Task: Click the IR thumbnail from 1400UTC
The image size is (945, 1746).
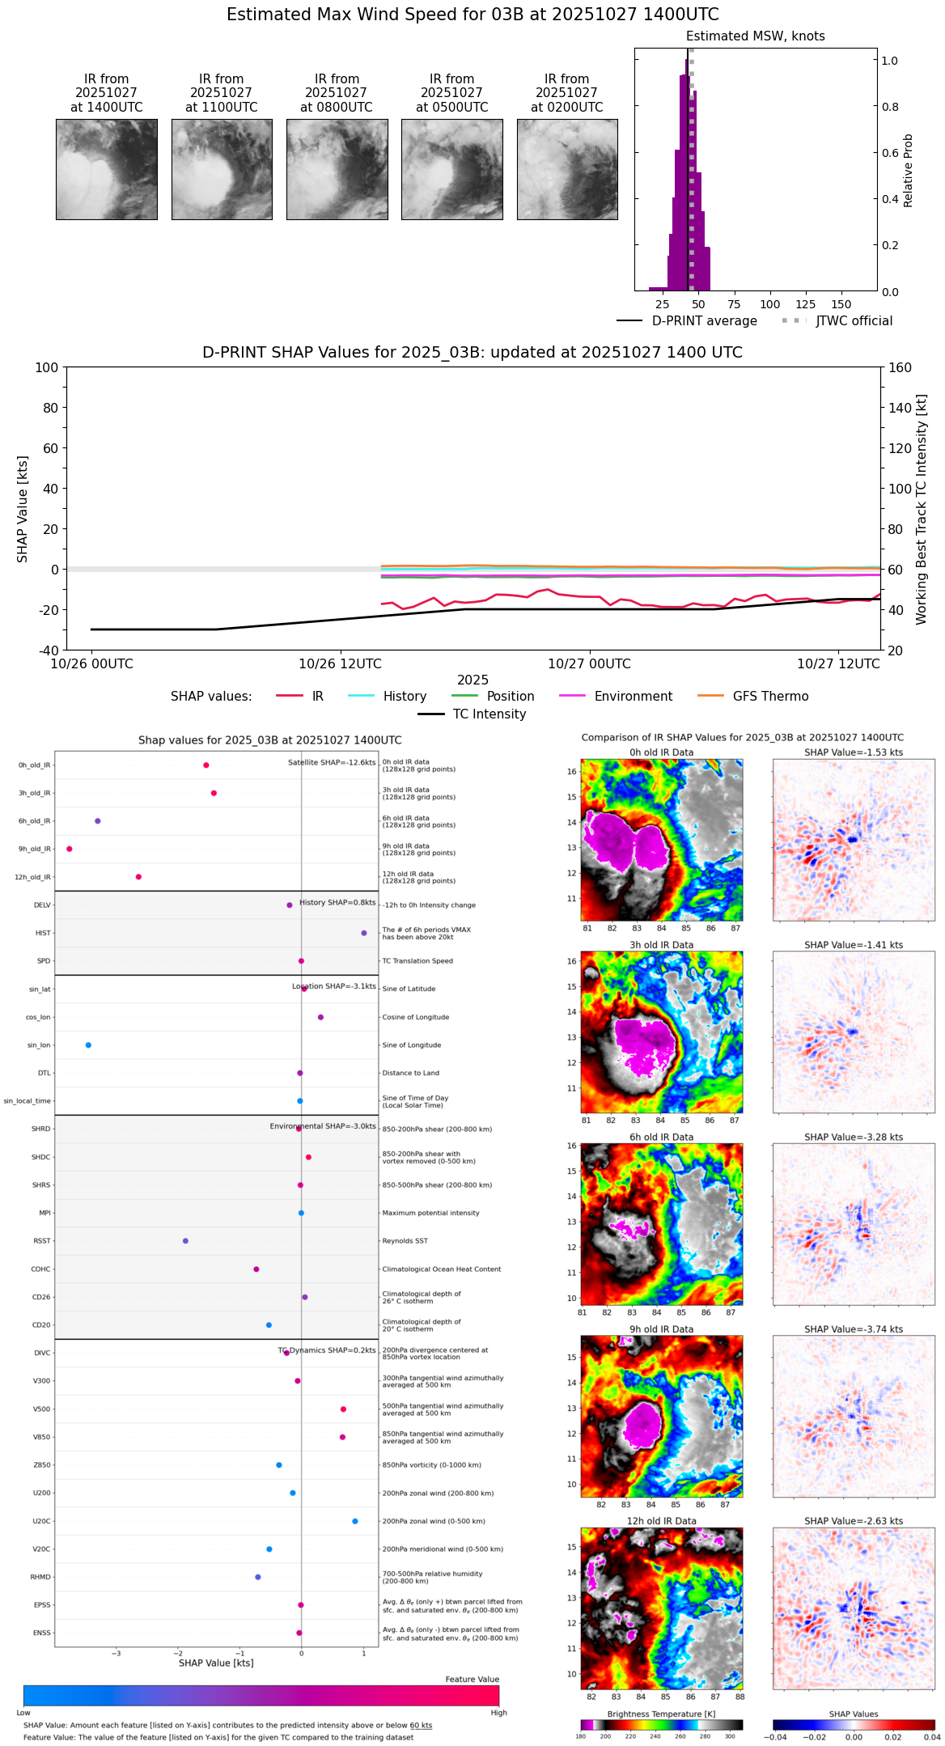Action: click(107, 169)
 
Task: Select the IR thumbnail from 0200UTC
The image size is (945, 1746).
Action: click(567, 169)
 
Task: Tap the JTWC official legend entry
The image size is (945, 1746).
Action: click(854, 321)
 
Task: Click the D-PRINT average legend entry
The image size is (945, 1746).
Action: click(704, 321)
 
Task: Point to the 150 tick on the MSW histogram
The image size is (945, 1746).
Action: click(841, 304)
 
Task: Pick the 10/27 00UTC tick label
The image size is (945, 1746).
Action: click(589, 664)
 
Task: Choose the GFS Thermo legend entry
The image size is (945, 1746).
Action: click(770, 697)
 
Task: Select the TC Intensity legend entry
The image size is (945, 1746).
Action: click(489, 714)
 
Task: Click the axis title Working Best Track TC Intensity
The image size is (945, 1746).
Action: click(922, 510)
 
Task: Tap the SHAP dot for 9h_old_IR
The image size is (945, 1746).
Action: click(70, 849)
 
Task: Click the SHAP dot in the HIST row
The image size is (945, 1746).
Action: click(363, 933)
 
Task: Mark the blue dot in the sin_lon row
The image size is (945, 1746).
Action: click(88, 1045)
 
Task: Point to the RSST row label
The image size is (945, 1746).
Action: click(41, 1241)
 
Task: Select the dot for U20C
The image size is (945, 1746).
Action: click(355, 1521)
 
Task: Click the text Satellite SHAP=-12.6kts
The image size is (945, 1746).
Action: click(332, 763)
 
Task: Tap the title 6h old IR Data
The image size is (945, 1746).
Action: click(661, 1137)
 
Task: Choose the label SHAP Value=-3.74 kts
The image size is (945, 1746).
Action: click(854, 1329)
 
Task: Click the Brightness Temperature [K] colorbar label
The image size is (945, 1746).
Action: click(661, 1714)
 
